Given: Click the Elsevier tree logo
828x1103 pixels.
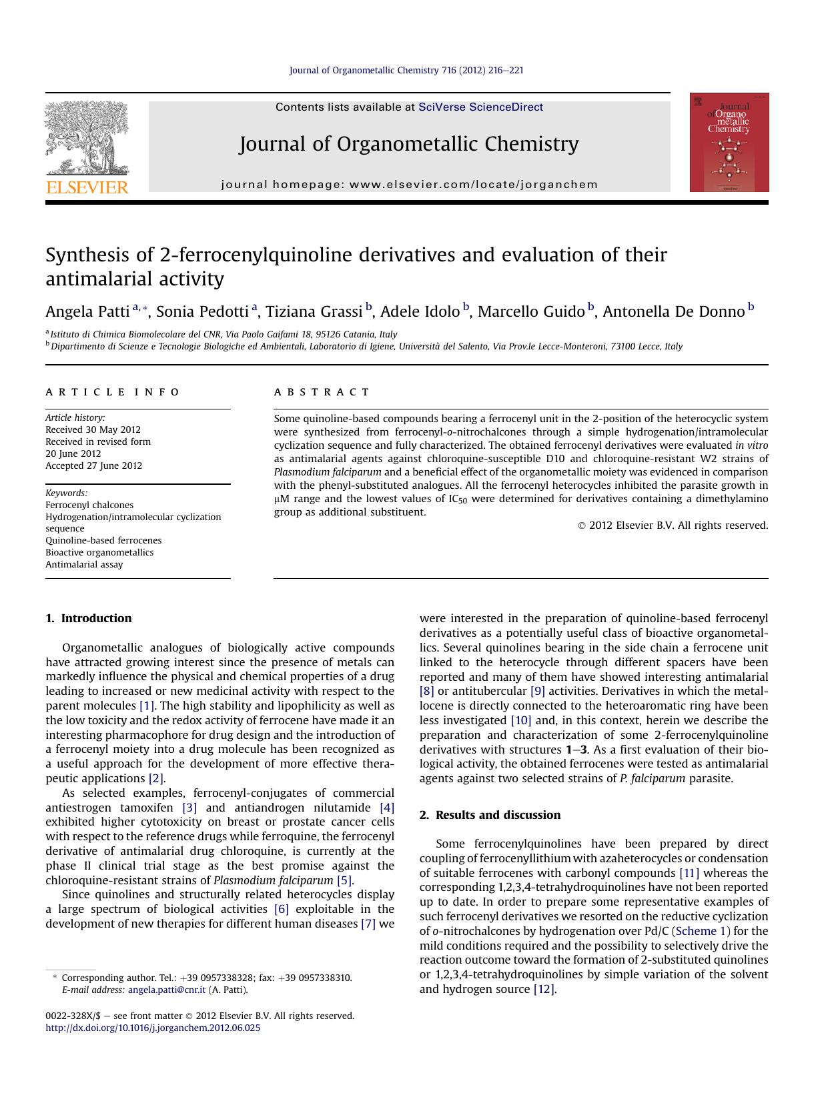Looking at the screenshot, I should (86, 138).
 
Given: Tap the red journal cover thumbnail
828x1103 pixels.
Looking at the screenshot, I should (729, 142).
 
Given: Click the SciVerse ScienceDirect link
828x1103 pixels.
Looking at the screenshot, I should (480, 107).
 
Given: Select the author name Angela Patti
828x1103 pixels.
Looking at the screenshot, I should (87, 311).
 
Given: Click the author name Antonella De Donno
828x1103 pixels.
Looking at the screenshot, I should (673, 311).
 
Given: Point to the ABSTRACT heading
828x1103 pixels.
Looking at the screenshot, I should (322, 392).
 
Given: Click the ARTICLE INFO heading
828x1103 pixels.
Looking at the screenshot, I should (113, 392).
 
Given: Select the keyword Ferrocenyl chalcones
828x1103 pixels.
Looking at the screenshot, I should (89, 505).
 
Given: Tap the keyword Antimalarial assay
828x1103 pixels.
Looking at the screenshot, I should (84, 564).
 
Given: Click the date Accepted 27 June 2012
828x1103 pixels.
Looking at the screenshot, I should (93, 465).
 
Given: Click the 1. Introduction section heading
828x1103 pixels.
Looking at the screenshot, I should (89, 618).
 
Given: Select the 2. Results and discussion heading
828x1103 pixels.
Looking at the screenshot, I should (490, 815).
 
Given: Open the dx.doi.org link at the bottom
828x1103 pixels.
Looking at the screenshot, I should (153, 1028).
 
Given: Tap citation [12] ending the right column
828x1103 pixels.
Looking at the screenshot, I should (544, 989).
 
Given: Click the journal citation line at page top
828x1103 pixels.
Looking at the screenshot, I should (406, 70).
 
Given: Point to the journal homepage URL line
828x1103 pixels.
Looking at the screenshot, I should (409, 185).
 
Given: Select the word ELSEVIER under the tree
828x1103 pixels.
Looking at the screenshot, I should (87, 187).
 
